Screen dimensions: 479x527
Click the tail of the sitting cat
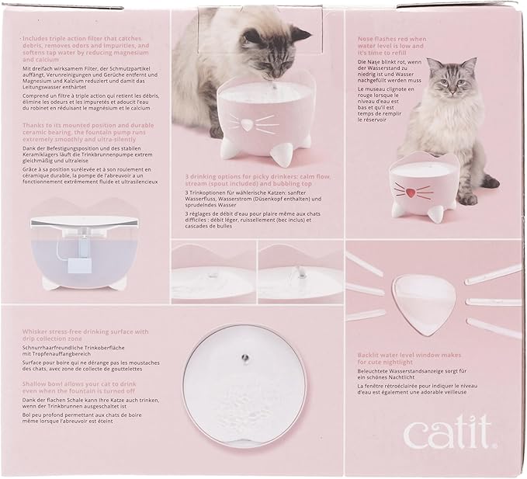(x=488, y=179)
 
